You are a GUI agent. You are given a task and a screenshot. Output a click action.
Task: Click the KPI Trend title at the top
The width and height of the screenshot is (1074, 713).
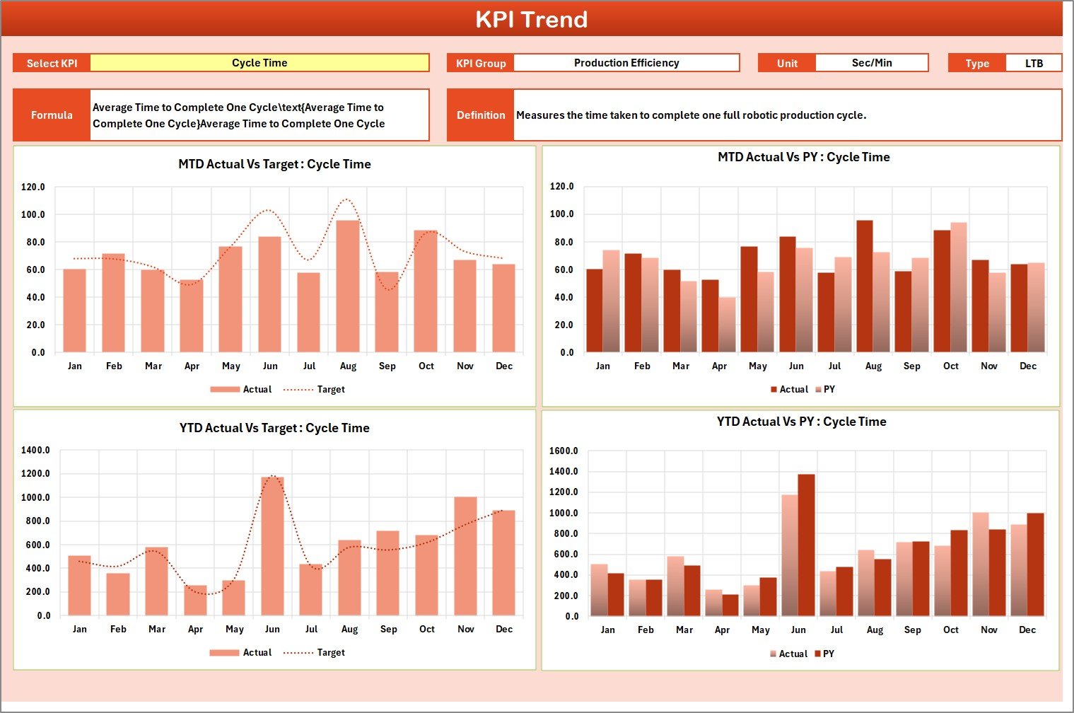[x=531, y=19]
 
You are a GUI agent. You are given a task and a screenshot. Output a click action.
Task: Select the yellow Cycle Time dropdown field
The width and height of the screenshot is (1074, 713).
[x=259, y=63]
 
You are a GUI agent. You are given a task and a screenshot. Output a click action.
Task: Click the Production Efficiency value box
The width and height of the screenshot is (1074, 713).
[x=626, y=63]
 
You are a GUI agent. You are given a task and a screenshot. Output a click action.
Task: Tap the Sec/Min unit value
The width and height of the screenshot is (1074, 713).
[x=871, y=63]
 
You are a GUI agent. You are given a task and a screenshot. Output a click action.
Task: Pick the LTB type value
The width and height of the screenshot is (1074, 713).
[x=1033, y=63]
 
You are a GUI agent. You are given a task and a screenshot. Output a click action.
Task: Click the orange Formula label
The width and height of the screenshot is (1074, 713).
[x=52, y=115]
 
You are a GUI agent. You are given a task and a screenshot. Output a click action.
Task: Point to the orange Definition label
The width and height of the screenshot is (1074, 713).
[x=481, y=115]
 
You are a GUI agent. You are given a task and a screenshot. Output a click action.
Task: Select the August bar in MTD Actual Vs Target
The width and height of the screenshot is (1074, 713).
[x=348, y=286]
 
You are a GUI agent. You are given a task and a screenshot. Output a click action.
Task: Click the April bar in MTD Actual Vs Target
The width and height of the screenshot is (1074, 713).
[x=192, y=316]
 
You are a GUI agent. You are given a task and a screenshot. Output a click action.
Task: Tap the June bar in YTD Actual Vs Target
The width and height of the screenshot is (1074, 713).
[x=272, y=546]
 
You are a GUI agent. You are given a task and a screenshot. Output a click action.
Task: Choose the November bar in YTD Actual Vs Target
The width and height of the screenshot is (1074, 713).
[x=465, y=556]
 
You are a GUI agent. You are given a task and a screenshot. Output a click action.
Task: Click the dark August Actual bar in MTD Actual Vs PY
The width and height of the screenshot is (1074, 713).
[x=864, y=286]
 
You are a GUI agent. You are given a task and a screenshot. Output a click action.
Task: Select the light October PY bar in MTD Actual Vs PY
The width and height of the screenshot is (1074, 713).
[x=958, y=288]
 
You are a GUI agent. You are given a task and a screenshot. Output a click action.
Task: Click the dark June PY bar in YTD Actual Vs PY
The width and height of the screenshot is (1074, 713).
[x=806, y=545]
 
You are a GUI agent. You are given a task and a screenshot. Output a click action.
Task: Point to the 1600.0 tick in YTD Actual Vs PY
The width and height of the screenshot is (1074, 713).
[x=564, y=451]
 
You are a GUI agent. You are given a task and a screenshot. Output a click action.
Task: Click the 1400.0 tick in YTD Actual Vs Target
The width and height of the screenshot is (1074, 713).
[x=35, y=450]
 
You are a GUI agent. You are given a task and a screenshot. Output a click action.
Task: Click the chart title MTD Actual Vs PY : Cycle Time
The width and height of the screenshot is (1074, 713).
[x=803, y=157]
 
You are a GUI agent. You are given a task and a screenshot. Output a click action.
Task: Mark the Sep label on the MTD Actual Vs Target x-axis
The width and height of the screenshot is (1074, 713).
[x=387, y=366]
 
